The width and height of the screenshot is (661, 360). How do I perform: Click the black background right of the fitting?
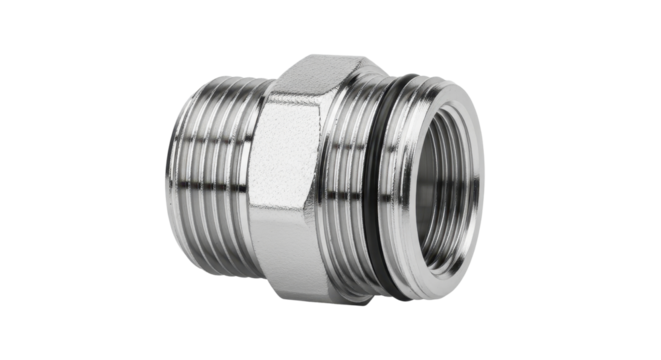[x=580, y=180]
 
